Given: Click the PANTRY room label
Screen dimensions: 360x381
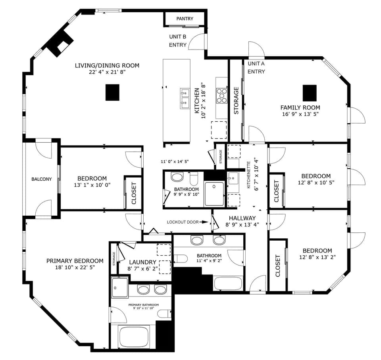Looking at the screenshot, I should pyautogui.click(x=185, y=19).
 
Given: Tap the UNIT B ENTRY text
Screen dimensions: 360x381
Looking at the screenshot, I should pyautogui.click(x=178, y=41).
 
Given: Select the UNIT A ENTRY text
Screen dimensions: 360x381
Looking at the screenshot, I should pyautogui.click(x=256, y=67).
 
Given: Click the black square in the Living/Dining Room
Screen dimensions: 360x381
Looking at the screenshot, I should pyautogui.click(x=112, y=92).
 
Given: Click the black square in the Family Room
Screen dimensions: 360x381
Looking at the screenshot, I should pyautogui.click(x=310, y=93).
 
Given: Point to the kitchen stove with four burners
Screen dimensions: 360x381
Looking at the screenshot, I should pyautogui.click(x=221, y=96).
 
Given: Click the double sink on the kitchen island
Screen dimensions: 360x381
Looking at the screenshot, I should pyautogui.click(x=185, y=98).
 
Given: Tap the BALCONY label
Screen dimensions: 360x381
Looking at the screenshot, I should pyautogui.click(x=42, y=179).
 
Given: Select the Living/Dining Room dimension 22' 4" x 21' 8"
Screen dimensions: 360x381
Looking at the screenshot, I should pyautogui.click(x=107, y=72).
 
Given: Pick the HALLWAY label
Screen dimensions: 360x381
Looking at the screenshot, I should pyautogui.click(x=242, y=218).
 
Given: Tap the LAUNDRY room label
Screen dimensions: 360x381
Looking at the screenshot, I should pyautogui.click(x=142, y=262).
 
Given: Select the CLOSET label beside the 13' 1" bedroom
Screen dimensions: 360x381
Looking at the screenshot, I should pyautogui.click(x=134, y=193).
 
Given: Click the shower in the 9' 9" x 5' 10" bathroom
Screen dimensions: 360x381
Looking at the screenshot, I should pyautogui.click(x=214, y=193).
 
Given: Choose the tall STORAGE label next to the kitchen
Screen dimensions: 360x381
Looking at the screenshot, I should pyautogui.click(x=236, y=101).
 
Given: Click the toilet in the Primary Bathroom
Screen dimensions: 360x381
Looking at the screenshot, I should pyautogui.click(x=164, y=314).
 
